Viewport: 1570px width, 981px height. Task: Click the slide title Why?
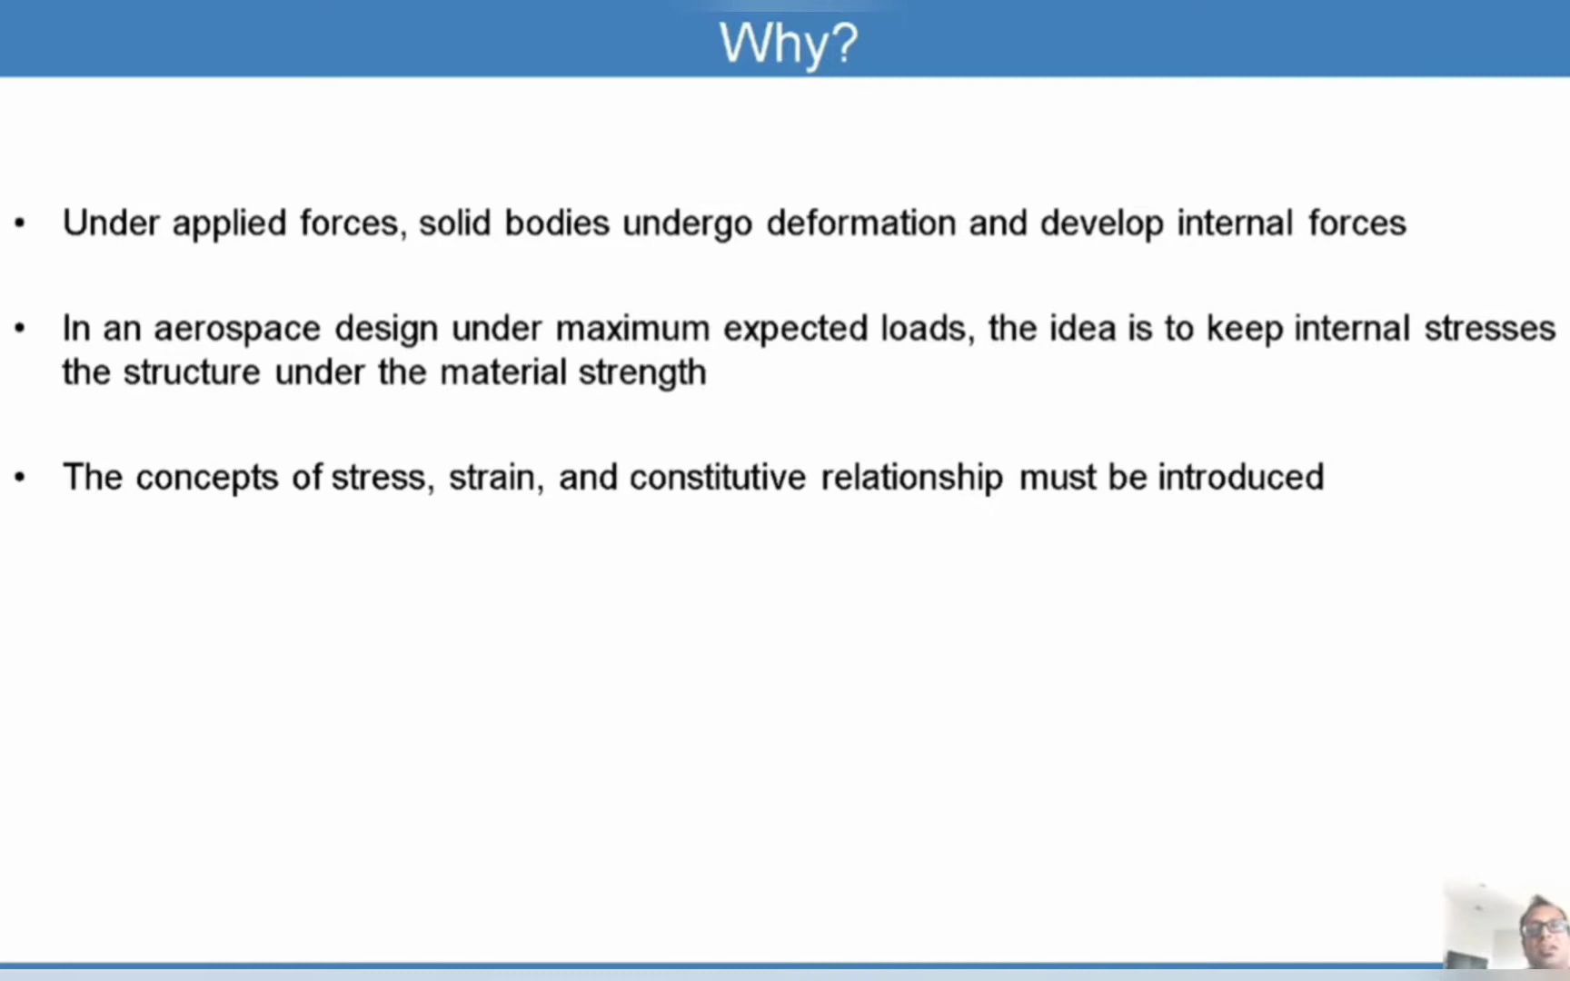[788, 42]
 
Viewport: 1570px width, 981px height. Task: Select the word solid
[454, 223]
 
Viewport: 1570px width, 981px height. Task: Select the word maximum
[632, 328]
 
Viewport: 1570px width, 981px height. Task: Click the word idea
[1082, 328]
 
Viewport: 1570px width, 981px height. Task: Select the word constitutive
[718, 477]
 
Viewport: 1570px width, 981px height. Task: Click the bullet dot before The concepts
[20, 478]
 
